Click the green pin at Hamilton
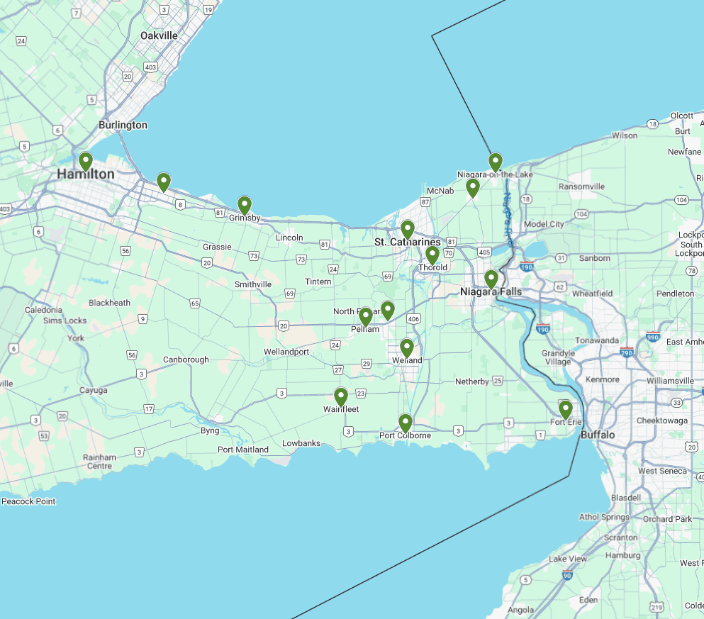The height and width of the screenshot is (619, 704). click(85, 162)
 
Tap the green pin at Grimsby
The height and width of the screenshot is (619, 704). click(244, 206)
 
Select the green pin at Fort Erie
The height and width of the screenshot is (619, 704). click(565, 409)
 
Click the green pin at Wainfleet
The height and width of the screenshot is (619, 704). click(340, 396)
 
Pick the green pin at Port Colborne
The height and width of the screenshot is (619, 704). click(405, 423)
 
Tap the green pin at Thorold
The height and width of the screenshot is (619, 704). click(432, 255)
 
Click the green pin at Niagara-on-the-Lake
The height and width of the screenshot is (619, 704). click(495, 162)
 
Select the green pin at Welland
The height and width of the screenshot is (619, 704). click(406, 347)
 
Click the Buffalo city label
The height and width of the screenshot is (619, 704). click(598, 435)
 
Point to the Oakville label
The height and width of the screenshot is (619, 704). click(159, 35)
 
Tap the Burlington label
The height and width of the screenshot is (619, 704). click(123, 125)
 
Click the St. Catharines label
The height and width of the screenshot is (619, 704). click(407, 242)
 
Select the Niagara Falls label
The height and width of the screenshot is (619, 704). click(491, 292)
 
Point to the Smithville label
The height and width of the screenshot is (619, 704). click(253, 284)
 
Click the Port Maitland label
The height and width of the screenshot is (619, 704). click(243, 450)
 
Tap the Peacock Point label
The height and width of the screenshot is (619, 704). click(28, 501)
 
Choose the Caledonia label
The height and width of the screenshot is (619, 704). click(44, 310)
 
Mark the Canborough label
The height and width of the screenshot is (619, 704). click(186, 359)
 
